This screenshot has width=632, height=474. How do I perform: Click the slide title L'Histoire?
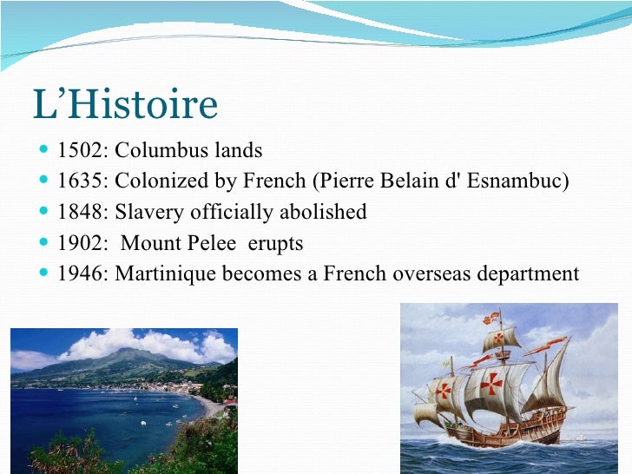tap(125, 105)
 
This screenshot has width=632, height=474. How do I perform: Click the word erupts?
tap(276, 244)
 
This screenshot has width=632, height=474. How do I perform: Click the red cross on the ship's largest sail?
tap(490, 383)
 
